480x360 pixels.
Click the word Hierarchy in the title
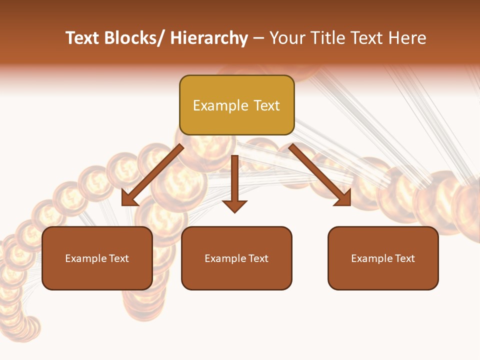[x=209, y=38]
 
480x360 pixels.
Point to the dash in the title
[x=258, y=38]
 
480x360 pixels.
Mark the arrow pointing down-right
[x=320, y=175]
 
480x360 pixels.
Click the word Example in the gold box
[x=213, y=105]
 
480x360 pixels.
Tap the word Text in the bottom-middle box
[x=257, y=258]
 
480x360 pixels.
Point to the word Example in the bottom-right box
[x=369, y=258]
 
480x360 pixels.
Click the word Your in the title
[x=287, y=38]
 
